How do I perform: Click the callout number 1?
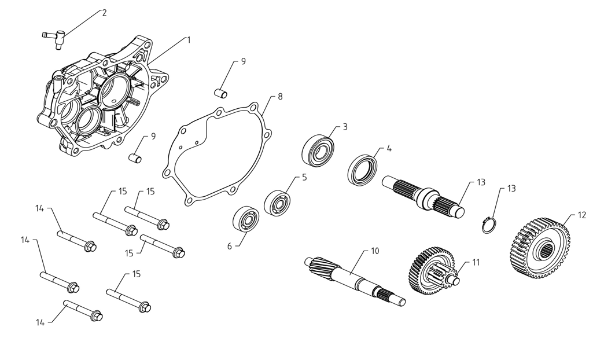point(189,40)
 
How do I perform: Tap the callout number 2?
point(104,13)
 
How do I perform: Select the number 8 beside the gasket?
point(280,97)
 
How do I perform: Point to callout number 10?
point(375,251)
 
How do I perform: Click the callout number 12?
point(582,215)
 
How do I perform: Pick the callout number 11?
point(476,262)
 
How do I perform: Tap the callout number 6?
point(229,246)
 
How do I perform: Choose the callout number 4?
point(389,148)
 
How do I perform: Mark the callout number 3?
point(345,127)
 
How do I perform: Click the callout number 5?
point(304,177)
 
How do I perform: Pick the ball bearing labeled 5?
point(277,203)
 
